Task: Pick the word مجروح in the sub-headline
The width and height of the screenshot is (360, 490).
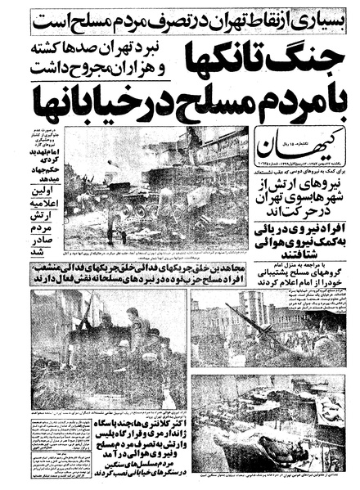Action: [x=67, y=64]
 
